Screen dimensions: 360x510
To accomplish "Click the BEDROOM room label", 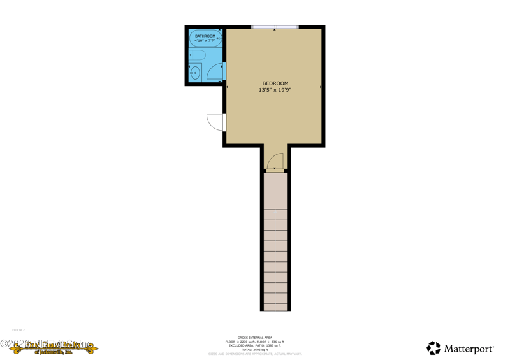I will (275, 83).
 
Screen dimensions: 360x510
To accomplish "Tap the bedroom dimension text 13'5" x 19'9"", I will (275, 90).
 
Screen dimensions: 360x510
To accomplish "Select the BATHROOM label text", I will (205, 36).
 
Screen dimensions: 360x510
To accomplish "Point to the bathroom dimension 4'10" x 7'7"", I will (205, 41).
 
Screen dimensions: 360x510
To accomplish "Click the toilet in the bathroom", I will (197, 55).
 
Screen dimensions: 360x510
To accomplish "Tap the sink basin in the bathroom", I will (195, 73).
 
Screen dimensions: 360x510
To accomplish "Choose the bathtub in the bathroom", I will (205, 38).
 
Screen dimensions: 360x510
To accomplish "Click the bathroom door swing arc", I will (215, 72).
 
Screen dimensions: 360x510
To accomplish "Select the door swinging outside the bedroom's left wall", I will (216, 122).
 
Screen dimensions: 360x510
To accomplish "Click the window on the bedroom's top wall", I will (275, 27).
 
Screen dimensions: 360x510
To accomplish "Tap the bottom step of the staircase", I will (275, 306).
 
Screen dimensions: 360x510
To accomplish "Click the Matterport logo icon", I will (433, 348).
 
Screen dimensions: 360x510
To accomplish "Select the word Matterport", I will (469, 349).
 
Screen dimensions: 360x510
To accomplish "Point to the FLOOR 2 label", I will (18, 330).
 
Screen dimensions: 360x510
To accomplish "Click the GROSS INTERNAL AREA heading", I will (255, 338).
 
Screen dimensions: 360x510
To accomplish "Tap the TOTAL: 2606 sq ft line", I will (255, 350).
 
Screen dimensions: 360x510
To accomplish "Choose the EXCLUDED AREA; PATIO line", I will (255, 345).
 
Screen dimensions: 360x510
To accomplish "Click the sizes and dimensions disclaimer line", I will (255, 354).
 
